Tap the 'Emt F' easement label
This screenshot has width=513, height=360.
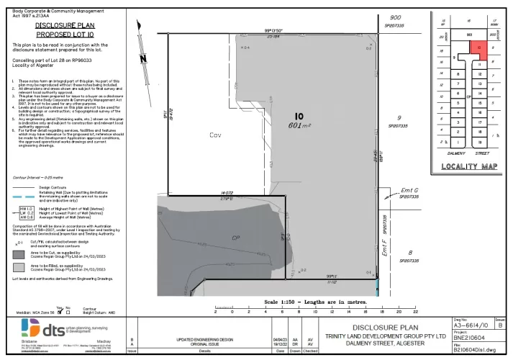click(386, 250)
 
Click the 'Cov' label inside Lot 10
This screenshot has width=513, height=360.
click(214, 135)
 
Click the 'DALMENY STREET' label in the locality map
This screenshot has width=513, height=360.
click(466, 153)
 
